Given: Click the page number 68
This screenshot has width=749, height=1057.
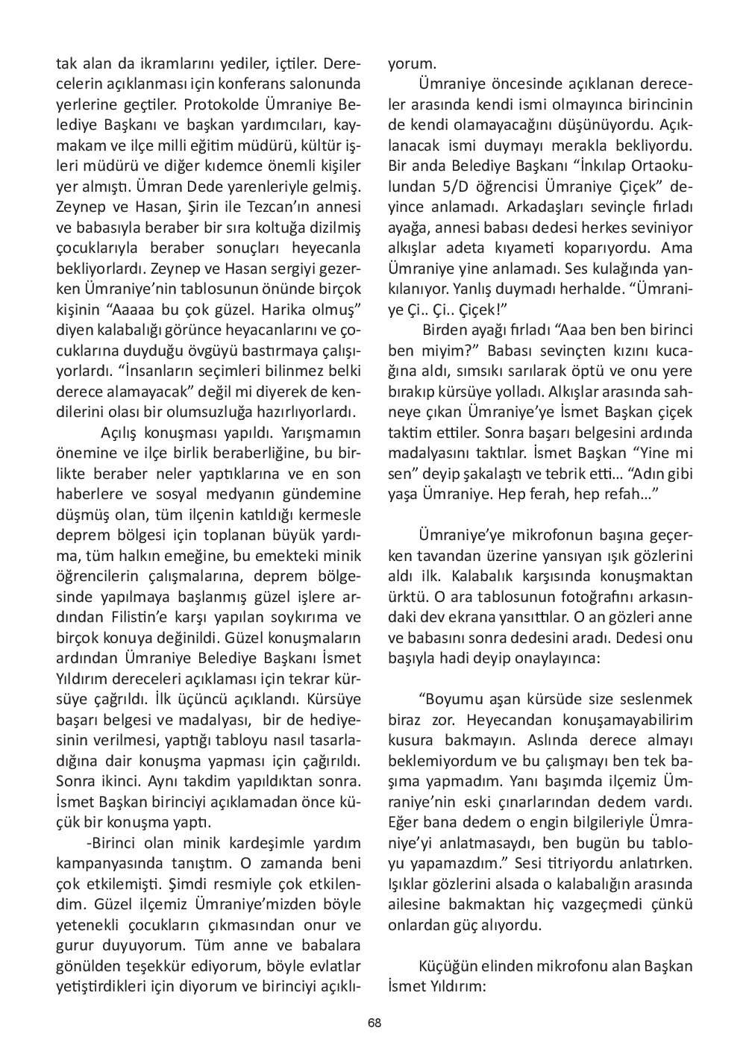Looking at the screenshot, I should [x=374, y=1023].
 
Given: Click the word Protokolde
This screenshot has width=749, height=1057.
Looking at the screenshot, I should [x=217, y=103].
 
